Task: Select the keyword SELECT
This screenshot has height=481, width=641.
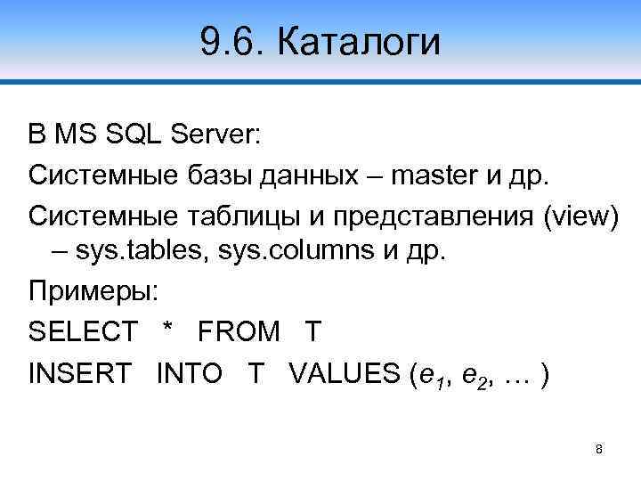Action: [x=83, y=331]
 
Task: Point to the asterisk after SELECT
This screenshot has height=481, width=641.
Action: [x=166, y=330]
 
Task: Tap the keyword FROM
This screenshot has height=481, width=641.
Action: [x=238, y=331]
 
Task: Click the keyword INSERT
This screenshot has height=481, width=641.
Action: [x=79, y=371]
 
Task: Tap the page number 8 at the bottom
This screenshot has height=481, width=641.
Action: [x=599, y=449]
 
